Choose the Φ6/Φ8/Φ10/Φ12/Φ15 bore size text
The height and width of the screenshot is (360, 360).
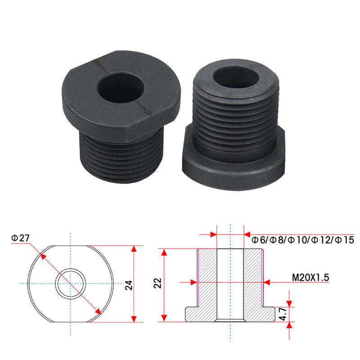(x=302, y=240)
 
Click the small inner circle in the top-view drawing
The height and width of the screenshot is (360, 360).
(x=70, y=283)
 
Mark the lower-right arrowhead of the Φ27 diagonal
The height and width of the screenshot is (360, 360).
(x=98, y=312)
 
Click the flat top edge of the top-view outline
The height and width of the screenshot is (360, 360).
(x=70, y=246)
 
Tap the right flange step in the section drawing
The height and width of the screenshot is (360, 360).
(x=268, y=313)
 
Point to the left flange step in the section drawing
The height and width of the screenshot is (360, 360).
(x=193, y=313)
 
